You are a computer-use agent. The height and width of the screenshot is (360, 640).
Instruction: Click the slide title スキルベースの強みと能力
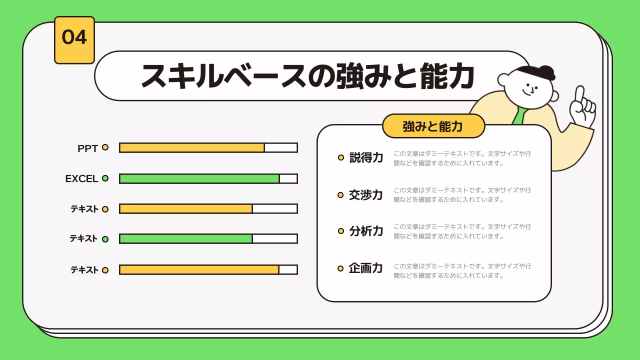click(307, 76)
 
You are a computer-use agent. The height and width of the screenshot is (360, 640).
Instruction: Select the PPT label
click(87, 148)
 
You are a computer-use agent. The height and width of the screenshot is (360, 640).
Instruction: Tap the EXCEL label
click(81, 178)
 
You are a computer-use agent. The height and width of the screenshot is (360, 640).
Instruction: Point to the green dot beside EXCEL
click(105, 178)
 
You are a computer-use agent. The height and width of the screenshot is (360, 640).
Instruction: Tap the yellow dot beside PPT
click(105, 147)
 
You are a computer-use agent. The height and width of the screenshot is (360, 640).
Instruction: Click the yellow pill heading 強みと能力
click(433, 126)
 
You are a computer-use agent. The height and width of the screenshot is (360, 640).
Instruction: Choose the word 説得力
click(366, 157)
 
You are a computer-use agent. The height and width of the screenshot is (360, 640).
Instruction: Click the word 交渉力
click(366, 194)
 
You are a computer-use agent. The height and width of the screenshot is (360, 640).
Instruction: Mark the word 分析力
click(366, 231)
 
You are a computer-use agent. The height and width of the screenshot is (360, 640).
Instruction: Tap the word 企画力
click(366, 268)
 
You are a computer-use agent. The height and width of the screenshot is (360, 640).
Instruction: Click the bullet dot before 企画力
click(340, 268)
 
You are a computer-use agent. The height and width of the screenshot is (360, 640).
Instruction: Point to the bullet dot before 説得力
click(340, 157)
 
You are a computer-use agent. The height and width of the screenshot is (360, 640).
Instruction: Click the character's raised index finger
click(579, 95)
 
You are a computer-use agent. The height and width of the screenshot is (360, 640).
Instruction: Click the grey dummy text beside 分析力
click(462, 231)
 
